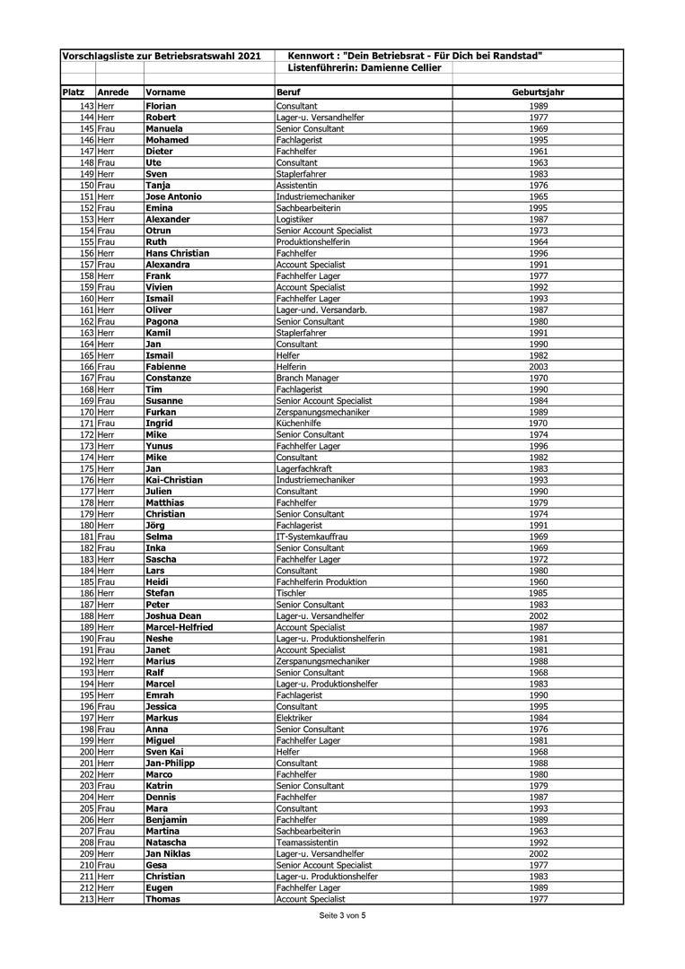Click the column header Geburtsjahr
click(539, 92)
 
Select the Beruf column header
click(288, 92)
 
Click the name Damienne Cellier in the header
click(400, 68)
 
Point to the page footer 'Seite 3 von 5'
click(342, 915)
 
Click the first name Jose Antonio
click(173, 196)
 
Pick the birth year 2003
click(539, 366)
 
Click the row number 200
click(86, 751)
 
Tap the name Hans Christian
click(177, 253)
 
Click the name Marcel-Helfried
click(179, 627)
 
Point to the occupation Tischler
click(292, 593)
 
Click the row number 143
click(86, 106)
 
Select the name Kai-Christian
click(174, 479)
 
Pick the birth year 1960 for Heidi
click(539, 581)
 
